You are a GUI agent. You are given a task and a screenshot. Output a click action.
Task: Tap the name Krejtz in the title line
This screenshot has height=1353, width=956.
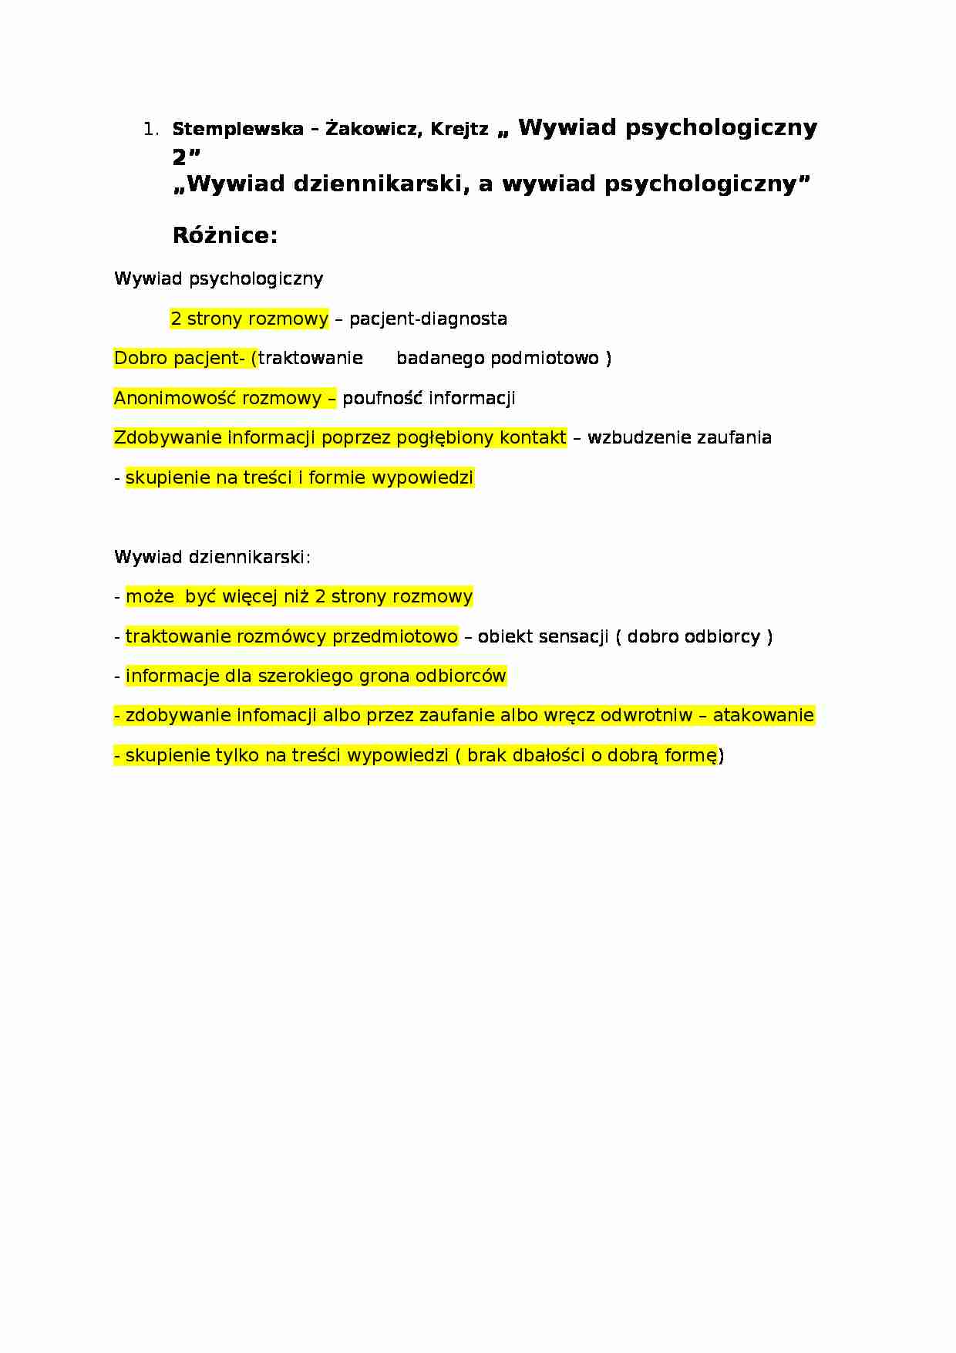(x=459, y=130)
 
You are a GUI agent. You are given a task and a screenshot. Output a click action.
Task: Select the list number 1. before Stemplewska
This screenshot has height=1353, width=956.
(x=150, y=130)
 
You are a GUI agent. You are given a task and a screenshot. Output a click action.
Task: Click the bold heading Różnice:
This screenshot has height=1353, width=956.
(x=224, y=235)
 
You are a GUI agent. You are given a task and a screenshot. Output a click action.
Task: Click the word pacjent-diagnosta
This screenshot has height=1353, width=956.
(x=428, y=319)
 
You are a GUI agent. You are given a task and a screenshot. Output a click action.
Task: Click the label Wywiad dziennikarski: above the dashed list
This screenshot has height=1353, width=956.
(x=212, y=557)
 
